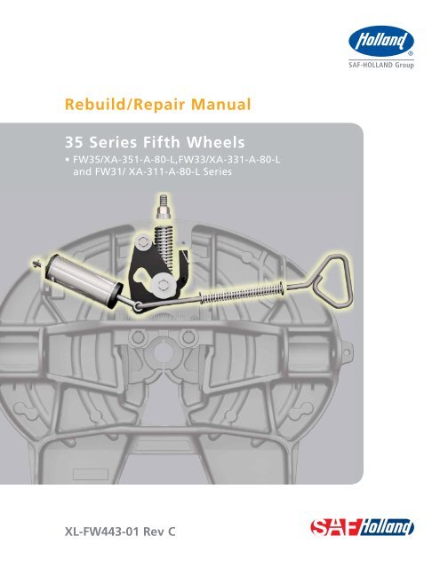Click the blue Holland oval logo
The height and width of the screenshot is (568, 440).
point(381,41)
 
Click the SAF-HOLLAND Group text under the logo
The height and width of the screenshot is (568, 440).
point(381,65)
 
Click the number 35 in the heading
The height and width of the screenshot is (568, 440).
point(75,142)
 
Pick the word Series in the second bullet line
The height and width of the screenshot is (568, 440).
point(217,171)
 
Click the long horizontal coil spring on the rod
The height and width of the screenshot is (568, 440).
point(242,292)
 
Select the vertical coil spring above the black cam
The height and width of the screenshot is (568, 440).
point(165,243)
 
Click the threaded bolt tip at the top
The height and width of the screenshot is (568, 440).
point(163,201)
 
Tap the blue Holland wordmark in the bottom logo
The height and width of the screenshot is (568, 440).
point(387,527)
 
